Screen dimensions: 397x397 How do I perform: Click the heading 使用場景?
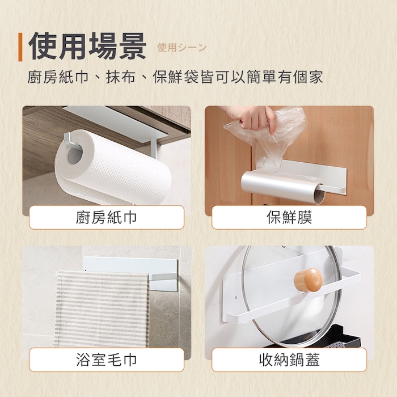tap(87, 47)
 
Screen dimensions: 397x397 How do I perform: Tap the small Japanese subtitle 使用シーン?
tap(182, 47)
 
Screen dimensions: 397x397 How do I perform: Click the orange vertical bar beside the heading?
tap(20, 47)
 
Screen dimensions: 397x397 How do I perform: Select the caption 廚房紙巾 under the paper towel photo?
tap(107, 217)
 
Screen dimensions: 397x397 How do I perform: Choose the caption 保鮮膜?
tap(289, 217)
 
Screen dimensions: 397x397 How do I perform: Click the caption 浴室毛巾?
tap(107, 360)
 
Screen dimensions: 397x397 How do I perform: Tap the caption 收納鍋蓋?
tap(289, 360)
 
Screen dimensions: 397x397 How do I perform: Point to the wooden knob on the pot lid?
tap(308, 280)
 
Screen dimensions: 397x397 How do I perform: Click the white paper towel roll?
tap(111, 167)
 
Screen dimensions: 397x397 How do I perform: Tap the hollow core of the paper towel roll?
tap(75, 155)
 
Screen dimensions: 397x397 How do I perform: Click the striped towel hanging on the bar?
tap(102, 309)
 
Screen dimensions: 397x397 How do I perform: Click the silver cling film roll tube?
tap(282, 185)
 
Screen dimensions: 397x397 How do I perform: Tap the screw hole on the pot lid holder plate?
tap(236, 298)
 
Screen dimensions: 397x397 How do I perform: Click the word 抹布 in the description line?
tap(120, 77)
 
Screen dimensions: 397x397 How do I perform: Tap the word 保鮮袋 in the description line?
tap(176, 77)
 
